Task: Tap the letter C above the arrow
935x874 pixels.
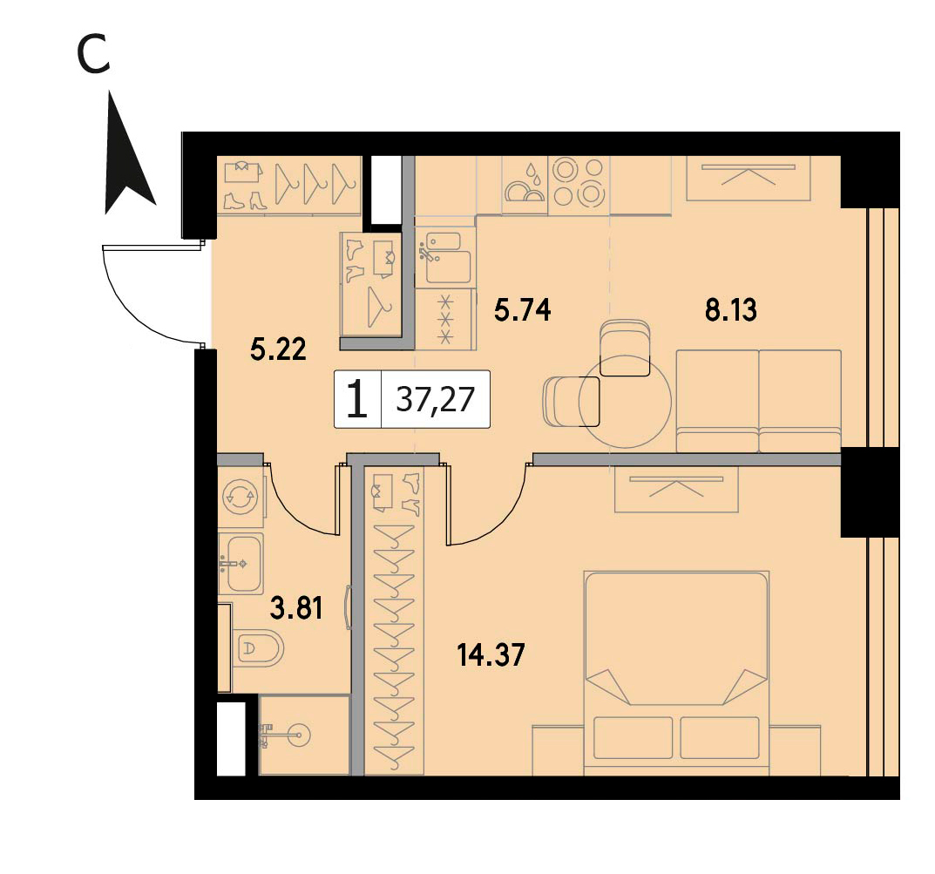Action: point(93,54)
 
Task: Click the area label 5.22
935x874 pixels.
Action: point(279,349)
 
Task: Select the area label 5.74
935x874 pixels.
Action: point(523,310)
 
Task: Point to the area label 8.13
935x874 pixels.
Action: point(731,310)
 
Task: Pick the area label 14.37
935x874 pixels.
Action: point(491,654)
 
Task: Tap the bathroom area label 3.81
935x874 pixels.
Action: point(296,609)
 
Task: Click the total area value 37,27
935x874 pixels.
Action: point(436,399)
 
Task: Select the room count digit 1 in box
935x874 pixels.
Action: point(356,399)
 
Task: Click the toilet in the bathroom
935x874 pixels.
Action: point(258,648)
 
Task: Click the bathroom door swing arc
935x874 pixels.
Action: point(295,510)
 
